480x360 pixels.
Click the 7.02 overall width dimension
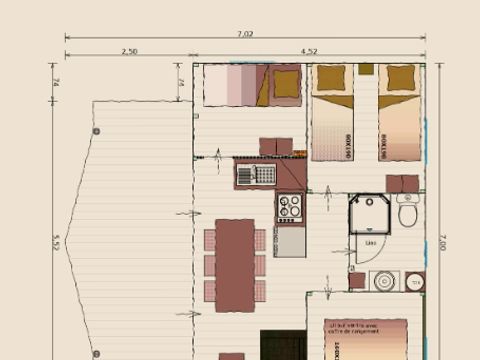245,34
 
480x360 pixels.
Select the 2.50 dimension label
129,51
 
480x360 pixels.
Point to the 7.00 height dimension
441,243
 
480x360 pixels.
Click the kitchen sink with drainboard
256,175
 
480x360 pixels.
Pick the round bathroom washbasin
383,281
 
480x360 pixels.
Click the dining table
235,265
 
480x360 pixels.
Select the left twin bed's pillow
333,78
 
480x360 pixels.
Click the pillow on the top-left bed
286,84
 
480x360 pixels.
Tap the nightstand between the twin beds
367,69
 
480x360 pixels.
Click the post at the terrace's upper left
96,131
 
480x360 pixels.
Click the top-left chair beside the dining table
210,240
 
